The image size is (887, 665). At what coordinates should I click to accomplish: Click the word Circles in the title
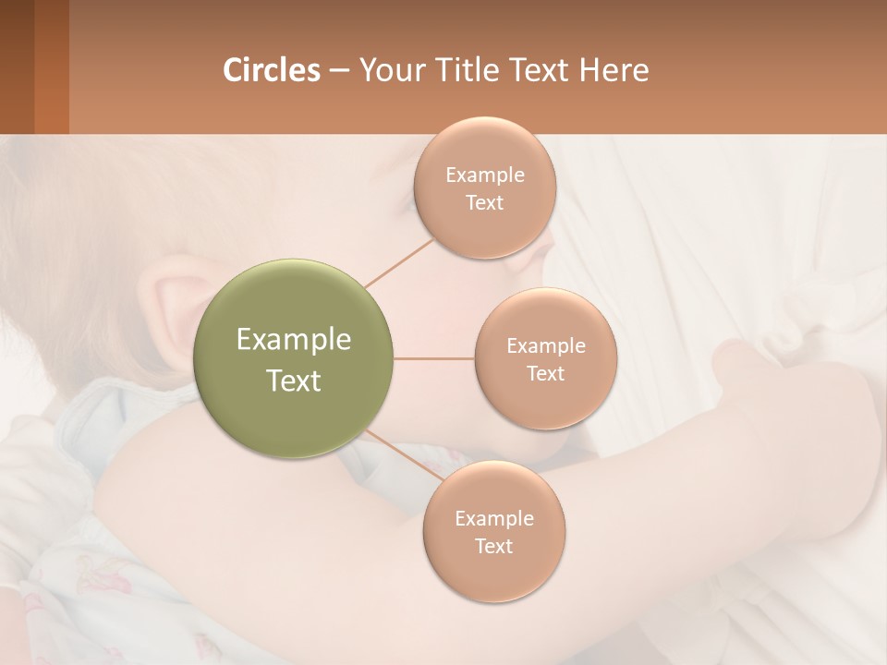coord(271,70)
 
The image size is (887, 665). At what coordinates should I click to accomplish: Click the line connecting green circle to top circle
coord(399,262)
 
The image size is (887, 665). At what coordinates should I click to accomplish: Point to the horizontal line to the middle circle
coord(434,358)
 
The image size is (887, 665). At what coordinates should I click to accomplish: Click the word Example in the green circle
coord(294,340)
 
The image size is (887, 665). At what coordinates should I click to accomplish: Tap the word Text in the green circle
coord(294,381)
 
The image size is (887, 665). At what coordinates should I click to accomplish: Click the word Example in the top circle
coord(485,175)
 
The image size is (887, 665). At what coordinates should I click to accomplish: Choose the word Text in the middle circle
coord(546,373)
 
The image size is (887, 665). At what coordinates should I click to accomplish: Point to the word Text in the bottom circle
coord(494,546)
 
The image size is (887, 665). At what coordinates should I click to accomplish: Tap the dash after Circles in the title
coord(339,70)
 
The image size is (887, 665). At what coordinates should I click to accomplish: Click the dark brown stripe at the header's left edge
coord(17,66)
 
